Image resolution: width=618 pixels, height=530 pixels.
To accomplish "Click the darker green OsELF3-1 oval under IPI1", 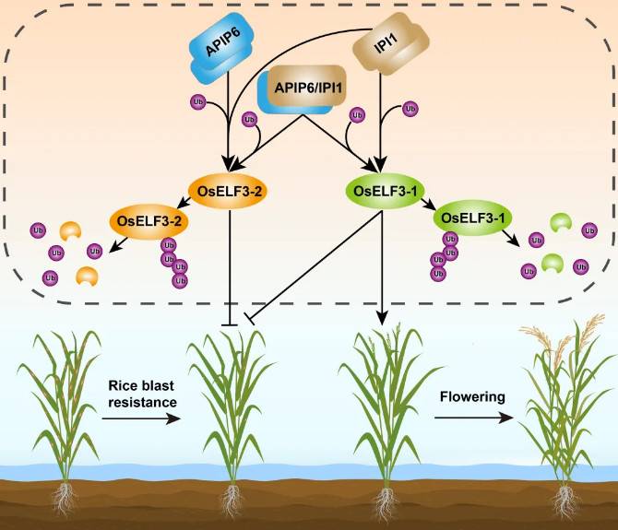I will pyautogui.click(x=386, y=192).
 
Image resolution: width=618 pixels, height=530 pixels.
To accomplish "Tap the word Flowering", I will pyautogui.click(x=472, y=398).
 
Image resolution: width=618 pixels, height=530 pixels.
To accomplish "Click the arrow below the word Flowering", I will pyautogui.click(x=472, y=418).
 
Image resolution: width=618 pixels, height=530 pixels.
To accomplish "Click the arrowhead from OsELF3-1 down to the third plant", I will pyautogui.click(x=381, y=322).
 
